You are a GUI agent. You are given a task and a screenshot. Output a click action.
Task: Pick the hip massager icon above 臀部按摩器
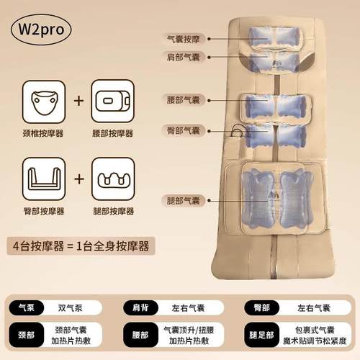point(40,179)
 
